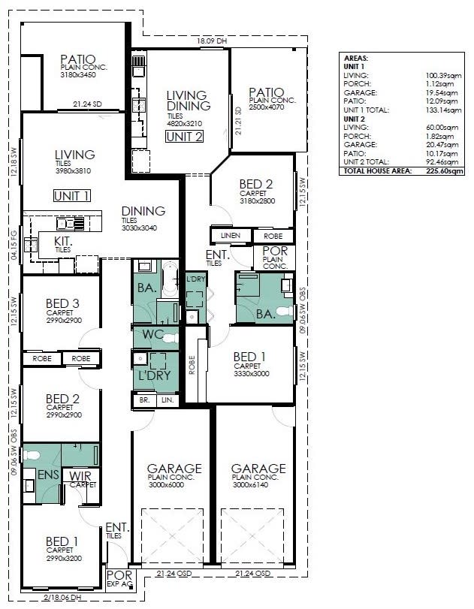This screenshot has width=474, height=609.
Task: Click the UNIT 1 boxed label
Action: [71, 196]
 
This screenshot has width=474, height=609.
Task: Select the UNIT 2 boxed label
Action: [184, 137]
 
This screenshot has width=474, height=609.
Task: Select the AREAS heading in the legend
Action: [355, 58]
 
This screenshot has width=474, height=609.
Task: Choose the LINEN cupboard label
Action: [231, 236]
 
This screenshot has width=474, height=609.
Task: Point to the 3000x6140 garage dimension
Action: [259, 485]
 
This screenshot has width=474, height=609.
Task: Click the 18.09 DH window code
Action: [211, 41]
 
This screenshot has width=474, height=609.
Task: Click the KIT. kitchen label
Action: [63, 240]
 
